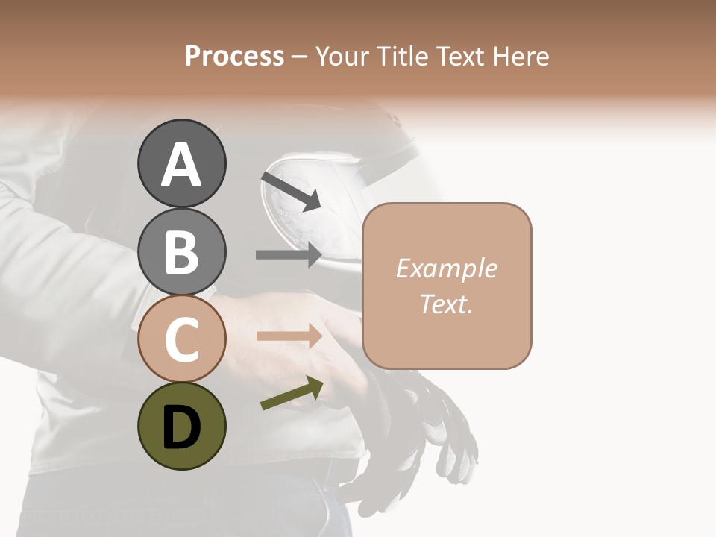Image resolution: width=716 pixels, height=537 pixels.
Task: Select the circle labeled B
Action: [181, 251]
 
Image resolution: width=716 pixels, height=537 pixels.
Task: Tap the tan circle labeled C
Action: [181, 339]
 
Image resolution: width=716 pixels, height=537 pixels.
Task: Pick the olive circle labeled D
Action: [181, 426]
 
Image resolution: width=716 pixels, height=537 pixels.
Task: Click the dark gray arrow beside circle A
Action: [291, 191]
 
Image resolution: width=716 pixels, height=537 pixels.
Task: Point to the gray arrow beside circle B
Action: [289, 254]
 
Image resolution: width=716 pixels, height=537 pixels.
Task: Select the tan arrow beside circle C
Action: [289, 336]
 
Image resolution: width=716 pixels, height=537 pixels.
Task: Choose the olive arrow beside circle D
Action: [292, 393]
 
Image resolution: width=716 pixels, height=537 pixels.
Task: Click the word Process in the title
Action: [234, 56]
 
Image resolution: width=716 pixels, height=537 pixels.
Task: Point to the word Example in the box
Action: [446, 268]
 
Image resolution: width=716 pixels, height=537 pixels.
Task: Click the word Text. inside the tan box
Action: [446, 304]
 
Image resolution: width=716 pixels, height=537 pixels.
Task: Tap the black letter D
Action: [181, 428]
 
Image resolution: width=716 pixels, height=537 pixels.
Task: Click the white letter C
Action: [181, 339]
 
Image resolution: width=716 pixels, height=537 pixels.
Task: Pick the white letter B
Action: [181, 252]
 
